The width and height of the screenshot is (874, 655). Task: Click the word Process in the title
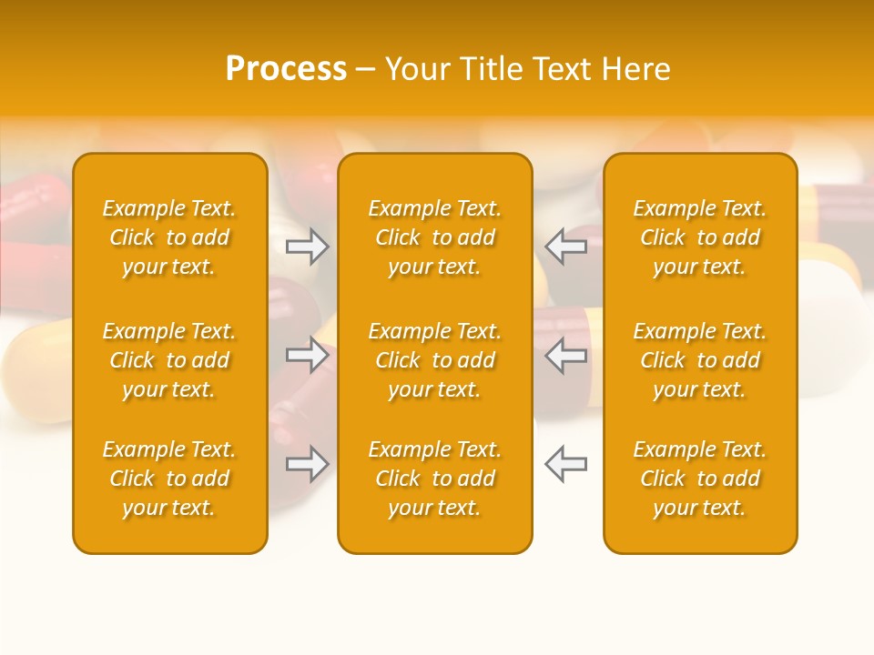pos(286,69)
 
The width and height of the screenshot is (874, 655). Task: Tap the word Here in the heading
pos(635,69)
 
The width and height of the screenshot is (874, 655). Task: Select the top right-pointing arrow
pos(308,247)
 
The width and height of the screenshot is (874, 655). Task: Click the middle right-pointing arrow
pos(308,355)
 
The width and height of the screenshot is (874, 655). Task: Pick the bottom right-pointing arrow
pos(308,464)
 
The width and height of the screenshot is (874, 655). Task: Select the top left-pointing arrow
pos(565,247)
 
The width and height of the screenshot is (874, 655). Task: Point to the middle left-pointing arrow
pos(565,355)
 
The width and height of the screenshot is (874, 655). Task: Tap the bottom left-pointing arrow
pos(565,464)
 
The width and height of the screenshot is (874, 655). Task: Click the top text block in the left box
pos(169,237)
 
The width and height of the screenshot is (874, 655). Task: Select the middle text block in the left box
pos(169,360)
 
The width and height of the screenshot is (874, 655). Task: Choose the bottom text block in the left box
pos(169,479)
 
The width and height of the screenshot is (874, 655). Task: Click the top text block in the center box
pos(435,237)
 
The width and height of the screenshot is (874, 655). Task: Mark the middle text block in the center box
pos(435,360)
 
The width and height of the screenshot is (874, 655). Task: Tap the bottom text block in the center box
pos(435,479)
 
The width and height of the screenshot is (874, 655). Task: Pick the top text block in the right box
pos(700,237)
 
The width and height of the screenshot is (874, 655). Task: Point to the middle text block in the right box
pos(700,360)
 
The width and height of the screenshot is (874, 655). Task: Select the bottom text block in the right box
pos(700,479)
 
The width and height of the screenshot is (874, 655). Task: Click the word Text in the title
pos(562,69)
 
